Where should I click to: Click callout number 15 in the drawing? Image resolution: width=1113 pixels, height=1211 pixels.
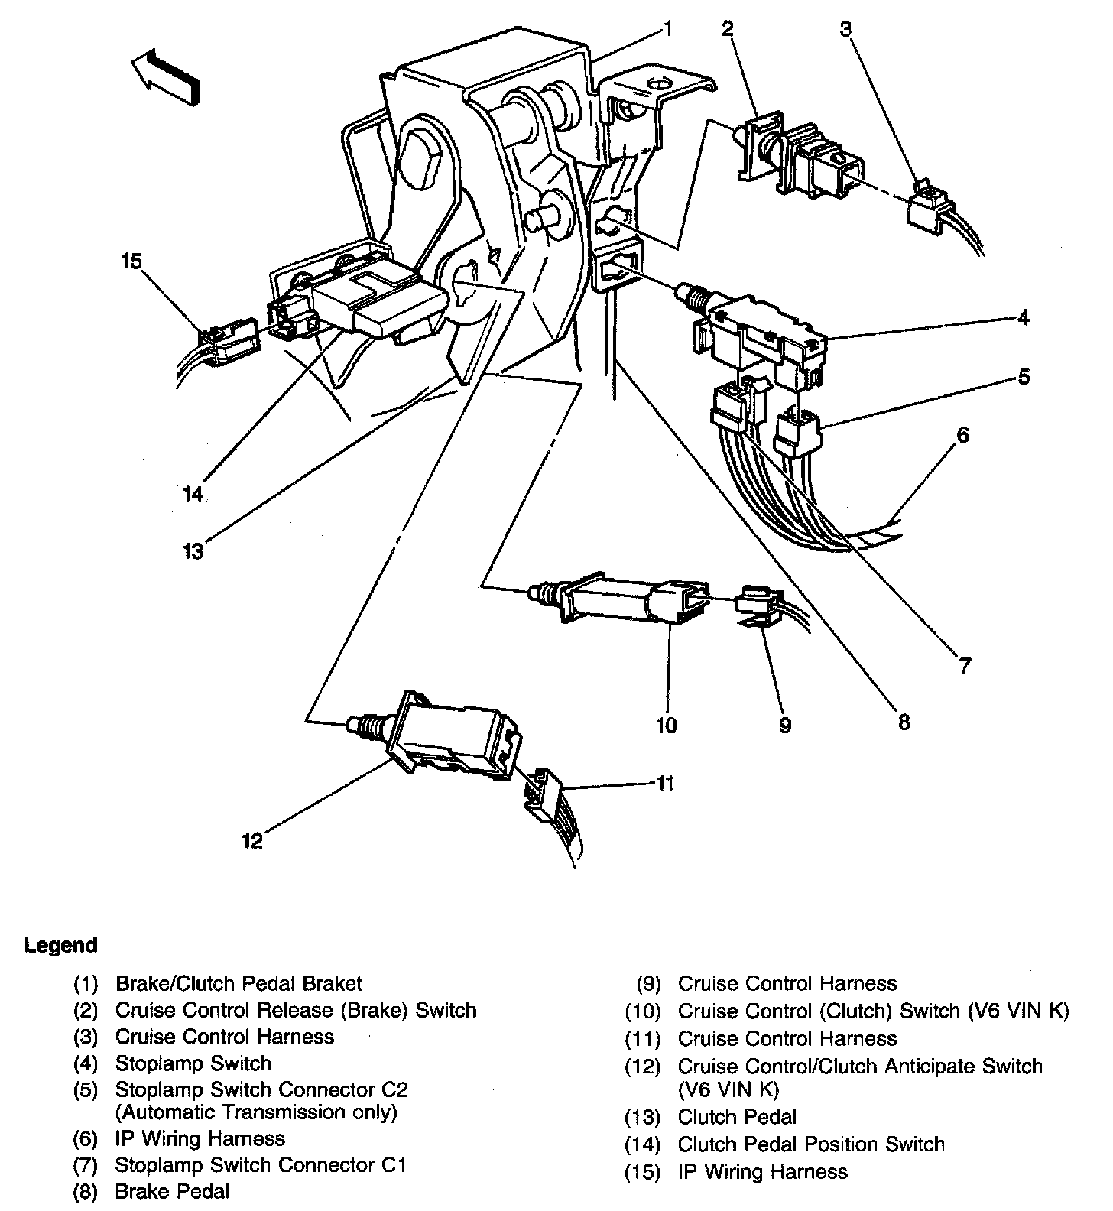coord(131,262)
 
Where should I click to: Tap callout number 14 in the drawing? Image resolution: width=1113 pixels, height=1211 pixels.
coord(193,495)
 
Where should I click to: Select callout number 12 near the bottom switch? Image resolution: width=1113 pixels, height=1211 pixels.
coord(252,841)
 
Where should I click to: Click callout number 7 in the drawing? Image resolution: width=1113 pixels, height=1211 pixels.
coord(965,666)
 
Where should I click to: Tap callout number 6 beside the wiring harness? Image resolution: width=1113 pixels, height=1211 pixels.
coord(962,435)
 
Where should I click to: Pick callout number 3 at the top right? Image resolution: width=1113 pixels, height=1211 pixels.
coord(845,29)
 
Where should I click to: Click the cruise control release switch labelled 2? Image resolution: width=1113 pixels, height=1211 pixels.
coord(795,157)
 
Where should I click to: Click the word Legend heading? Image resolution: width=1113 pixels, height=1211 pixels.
coord(61,946)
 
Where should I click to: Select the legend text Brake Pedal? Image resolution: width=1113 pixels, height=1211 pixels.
coord(172,1191)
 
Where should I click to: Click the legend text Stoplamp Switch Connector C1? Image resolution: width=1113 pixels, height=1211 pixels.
coord(261,1165)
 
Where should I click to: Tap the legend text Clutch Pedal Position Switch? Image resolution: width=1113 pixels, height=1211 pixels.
coord(810,1144)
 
